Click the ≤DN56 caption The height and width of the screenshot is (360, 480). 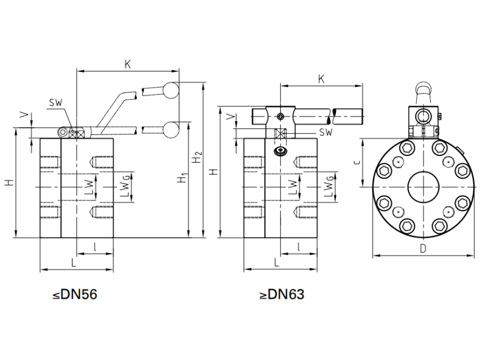[x=74, y=295]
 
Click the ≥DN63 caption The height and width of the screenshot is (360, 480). [x=282, y=295]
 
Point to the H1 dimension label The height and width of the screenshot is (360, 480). [x=183, y=178]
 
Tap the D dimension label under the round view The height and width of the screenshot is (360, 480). [x=423, y=248]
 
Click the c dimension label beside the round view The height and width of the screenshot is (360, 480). [x=357, y=162]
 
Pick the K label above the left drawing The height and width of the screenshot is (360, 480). [x=128, y=64]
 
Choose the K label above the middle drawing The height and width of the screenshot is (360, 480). [x=321, y=79]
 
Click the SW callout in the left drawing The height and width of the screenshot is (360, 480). [x=56, y=103]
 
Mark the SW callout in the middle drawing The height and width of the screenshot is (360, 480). [x=326, y=132]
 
